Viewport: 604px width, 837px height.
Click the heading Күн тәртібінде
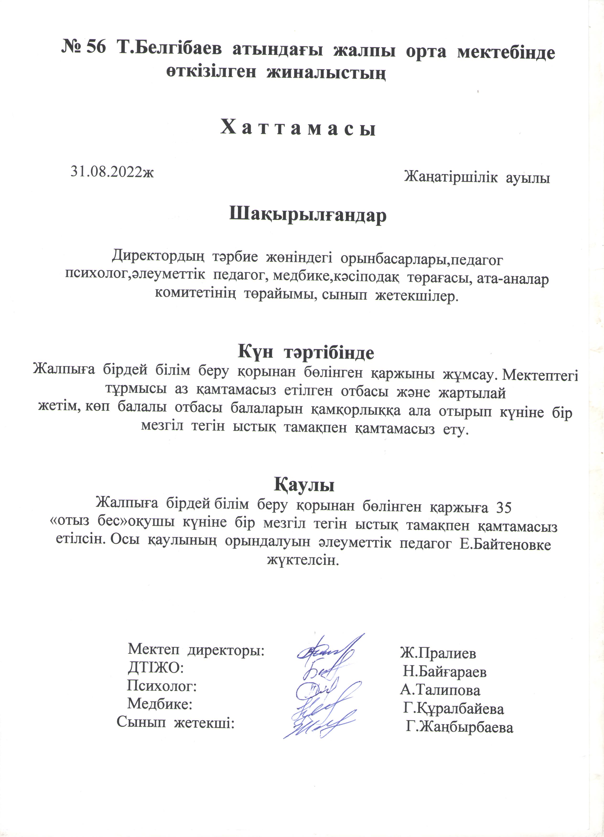click(x=306, y=352)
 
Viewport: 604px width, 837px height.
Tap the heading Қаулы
click(x=304, y=484)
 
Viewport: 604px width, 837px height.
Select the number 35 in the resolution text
click(x=503, y=508)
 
